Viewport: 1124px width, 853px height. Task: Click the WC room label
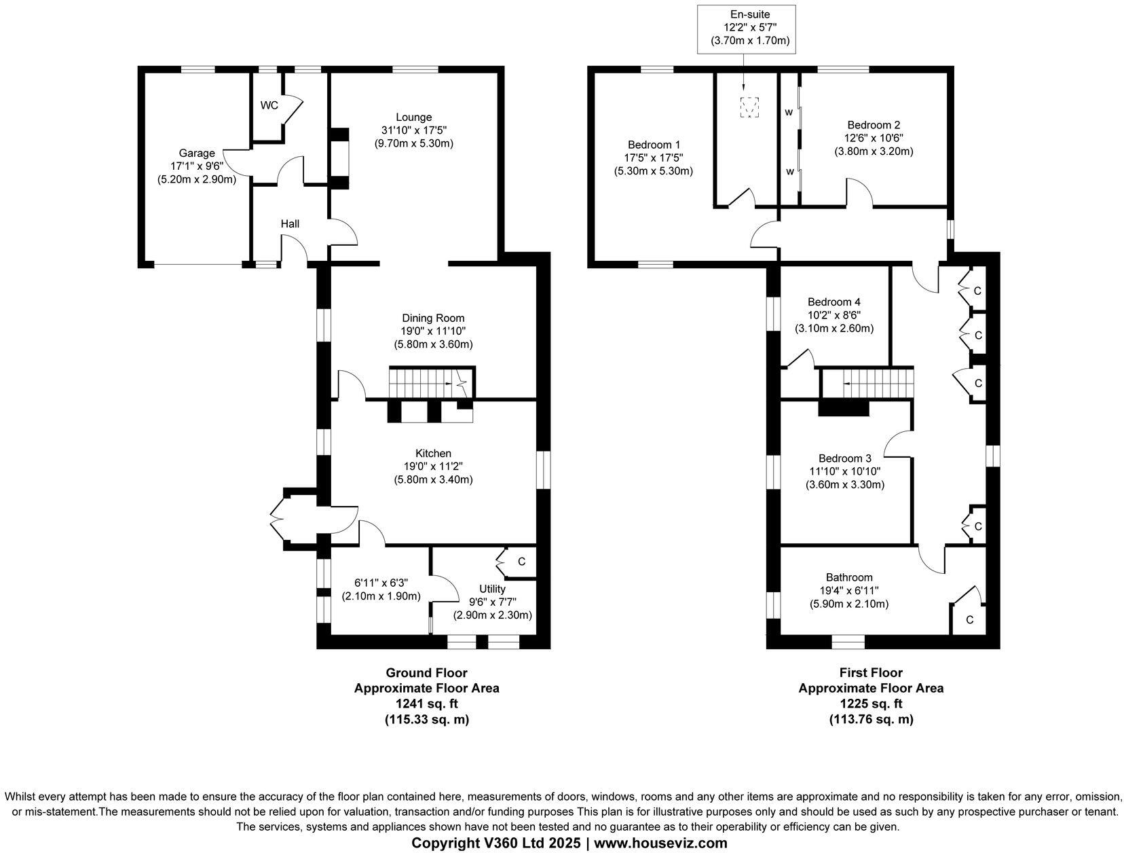(269, 105)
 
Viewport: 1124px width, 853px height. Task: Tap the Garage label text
(197, 153)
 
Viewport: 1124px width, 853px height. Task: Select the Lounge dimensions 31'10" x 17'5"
(413, 130)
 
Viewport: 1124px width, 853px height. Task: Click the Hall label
(290, 223)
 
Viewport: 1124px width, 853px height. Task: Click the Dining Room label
(433, 318)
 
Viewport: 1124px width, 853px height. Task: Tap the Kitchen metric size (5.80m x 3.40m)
(433, 479)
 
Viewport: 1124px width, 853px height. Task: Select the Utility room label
(492, 589)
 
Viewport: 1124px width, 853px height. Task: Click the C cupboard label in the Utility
(521, 562)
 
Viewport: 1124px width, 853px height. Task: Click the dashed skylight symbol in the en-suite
(749, 107)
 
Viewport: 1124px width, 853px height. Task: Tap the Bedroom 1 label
(654, 145)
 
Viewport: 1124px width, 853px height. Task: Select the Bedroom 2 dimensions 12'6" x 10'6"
(874, 139)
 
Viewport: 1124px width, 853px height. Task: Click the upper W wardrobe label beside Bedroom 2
(789, 112)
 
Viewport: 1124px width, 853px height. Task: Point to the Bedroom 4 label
(834, 302)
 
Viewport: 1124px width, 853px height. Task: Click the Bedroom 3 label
(844, 458)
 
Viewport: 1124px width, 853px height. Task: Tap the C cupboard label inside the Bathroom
(969, 619)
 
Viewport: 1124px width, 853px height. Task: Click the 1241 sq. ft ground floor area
(426, 704)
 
